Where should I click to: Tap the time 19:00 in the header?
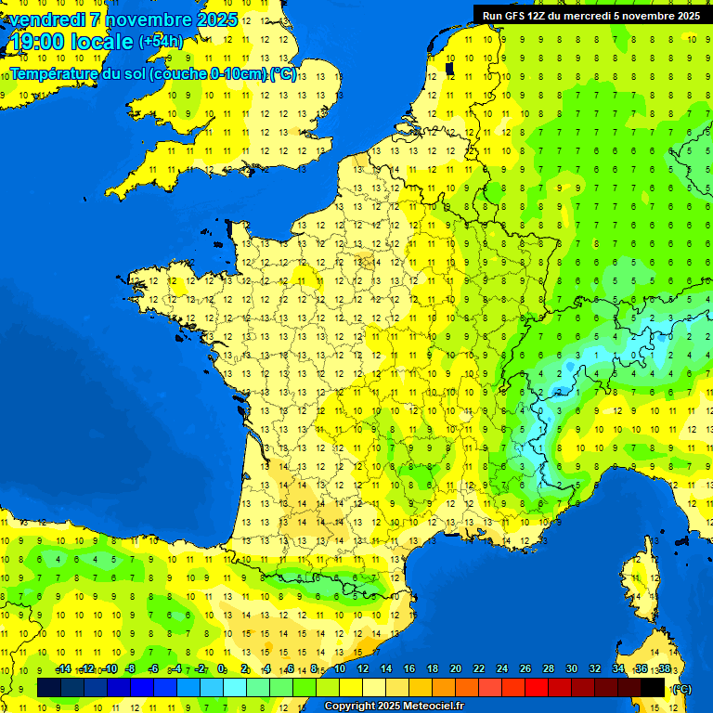[37, 42]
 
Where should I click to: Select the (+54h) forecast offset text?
[161, 42]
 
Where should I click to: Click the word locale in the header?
[102, 42]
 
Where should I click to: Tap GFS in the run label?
[513, 15]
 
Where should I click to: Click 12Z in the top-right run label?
[536, 15]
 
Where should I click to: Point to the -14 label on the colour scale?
[63, 669]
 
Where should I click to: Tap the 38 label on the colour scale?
[664, 669]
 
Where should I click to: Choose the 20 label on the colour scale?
[456, 669]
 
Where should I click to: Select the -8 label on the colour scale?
[131, 669]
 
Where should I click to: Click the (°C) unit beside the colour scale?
[681, 689]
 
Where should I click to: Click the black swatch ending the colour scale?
[653, 687]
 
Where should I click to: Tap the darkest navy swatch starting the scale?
[49, 687]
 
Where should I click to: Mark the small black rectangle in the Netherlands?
[449, 68]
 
